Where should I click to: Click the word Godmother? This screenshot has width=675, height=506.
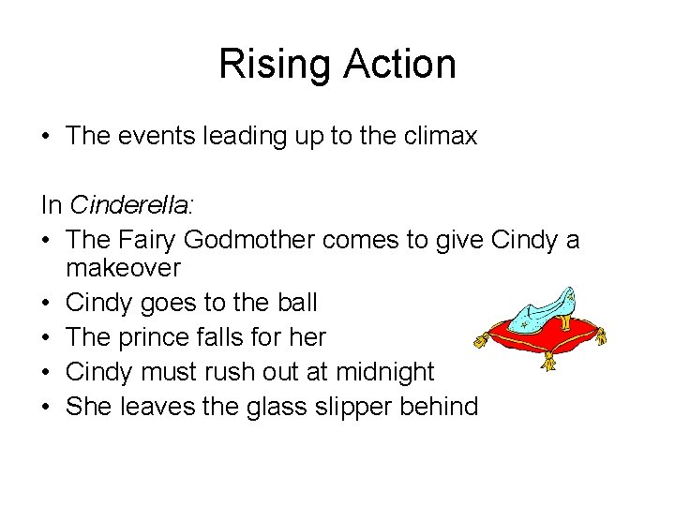[249, 241]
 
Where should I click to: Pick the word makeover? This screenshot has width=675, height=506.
[123, 268]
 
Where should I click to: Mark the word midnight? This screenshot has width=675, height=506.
[385, 372]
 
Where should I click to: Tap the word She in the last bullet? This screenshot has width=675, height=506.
[89, 407]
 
